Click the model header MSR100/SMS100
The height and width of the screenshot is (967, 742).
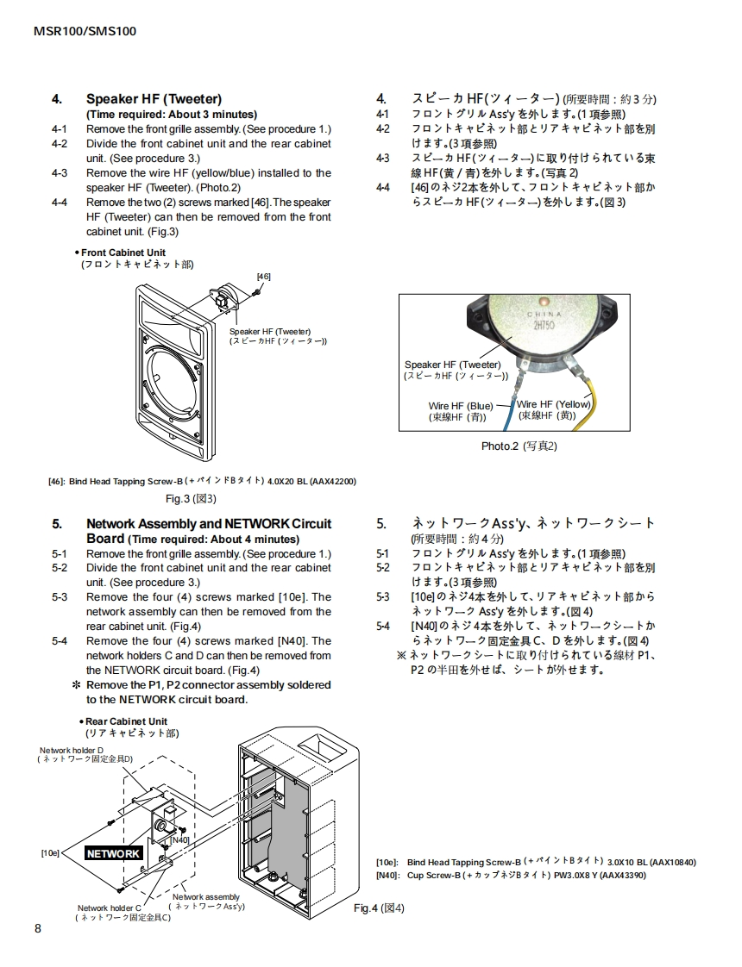click(x=85, y=31)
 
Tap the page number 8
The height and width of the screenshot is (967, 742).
click(x=38, y=928)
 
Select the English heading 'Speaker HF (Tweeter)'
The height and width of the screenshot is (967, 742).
click(x=154, y=99)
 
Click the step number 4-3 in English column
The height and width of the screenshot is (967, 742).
click(x=60, y=173)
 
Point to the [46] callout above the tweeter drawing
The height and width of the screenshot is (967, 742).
click(x=264, y=276)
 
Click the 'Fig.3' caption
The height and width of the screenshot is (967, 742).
click(x=191, y=498)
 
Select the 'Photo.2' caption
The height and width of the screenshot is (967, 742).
click(x=519, y=446)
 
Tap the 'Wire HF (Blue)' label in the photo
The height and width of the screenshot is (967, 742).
click(x=461, y=405)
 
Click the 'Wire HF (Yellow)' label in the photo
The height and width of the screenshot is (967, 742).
click(x=554, y=404)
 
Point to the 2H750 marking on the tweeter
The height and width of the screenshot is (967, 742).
click(x=543, y=325)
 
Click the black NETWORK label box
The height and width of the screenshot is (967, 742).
click(x=114, y=853)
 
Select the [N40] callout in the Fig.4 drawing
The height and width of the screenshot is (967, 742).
click(x=179, y=839)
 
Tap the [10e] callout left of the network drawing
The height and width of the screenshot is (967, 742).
click(x=51, y=853)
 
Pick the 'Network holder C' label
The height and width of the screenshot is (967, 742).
click(x=108, y=908)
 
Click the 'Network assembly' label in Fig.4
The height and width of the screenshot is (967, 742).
click(x=206, y=897)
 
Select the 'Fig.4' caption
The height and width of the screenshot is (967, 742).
click(x=379, y=908)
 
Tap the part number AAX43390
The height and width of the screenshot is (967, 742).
click(x=620, y=876)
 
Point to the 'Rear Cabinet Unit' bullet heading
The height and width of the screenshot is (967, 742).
click(x=126, y=721)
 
